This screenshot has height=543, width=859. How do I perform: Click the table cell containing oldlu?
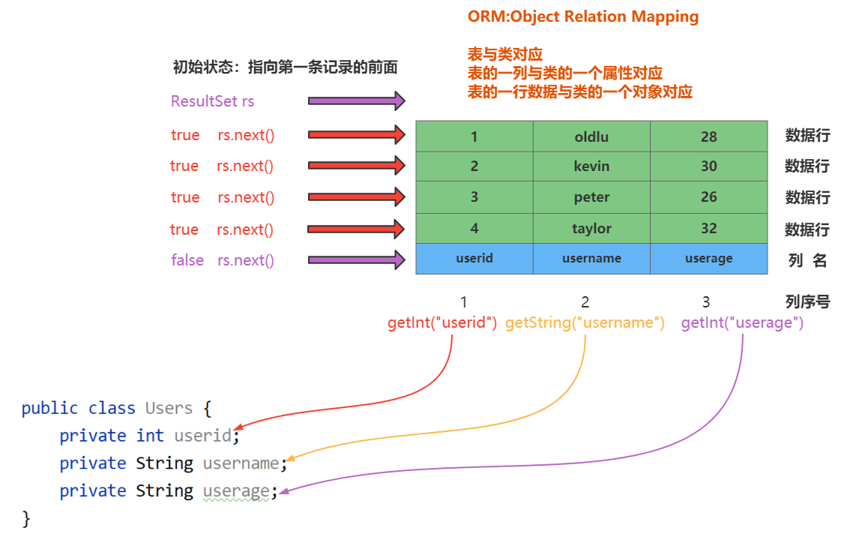pyautogui.click(x=591, y=136)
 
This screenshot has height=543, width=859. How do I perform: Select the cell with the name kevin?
pyautogui.click(x=591, y=166)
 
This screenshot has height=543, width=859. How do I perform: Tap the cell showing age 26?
pyautogui.click(x=709, y=197)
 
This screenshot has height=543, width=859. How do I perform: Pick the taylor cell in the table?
pyautogui.click(x=591, y=229)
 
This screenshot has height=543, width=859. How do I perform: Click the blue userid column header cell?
pyautogui.click(x=474, y=259)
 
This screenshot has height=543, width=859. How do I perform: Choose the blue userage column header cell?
pyautogui.click(x=709, y=259)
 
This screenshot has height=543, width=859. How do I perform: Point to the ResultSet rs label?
pyautogui.click(x=213, y=101)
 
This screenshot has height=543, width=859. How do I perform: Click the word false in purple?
pyautogui.click(x=187, y=259)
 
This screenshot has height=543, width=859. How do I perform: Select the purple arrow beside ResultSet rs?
pyautogui.click(x=357, y=100)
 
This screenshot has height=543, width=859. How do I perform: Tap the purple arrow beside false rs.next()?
pyautogui.click(x=357, y=259)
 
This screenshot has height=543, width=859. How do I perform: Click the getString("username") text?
pyautogui.click(x=585, y=322)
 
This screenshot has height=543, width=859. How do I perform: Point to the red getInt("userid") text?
pyautogui.click(x=442, y=322)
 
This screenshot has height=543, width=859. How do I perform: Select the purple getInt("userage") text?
pyautogui.click(x=742, y=322)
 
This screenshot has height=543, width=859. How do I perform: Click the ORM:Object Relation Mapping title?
pyautogui.click(x=583, y=16)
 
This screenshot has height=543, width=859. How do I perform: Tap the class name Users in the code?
pyautogui.click(x=169, y=408)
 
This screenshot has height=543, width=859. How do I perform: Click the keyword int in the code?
pyautogui.click(x=150, y=436)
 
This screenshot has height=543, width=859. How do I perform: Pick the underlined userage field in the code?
pyautogui.click(x=236, y=491)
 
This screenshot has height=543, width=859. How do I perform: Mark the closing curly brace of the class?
pyautogui.click(x=25, y=518)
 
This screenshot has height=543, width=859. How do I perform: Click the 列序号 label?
pyautogui.click(x=807, y=301)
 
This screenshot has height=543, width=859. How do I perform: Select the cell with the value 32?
pyautogui.click(x=709, y=229)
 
